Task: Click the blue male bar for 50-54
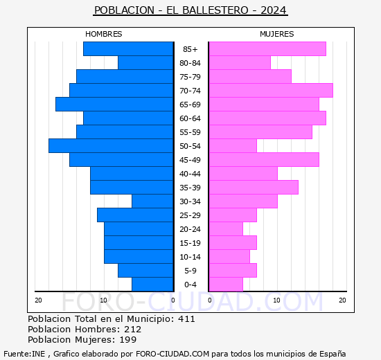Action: (111, 146)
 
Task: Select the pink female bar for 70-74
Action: (270, 91)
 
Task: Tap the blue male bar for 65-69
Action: (114, 105)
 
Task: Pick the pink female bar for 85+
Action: (267, 49)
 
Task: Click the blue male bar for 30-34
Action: (152, 201)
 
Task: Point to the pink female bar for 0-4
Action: (225, 285)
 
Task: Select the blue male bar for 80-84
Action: (145, 63)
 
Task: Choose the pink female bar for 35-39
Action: (253, 188)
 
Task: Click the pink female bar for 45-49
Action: (263, 160)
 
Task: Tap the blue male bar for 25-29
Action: (135, 215)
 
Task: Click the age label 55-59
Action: (190, 132)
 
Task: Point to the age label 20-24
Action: (190, 229)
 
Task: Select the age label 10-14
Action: (190, 257)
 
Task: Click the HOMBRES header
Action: (104, 34)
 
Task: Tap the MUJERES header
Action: (276, 34)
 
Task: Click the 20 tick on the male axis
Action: (39, 300)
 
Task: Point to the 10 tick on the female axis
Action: (276, 300)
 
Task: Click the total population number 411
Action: (186, 319)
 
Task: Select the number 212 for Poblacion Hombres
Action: (132, 330)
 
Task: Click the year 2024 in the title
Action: (274, 10)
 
